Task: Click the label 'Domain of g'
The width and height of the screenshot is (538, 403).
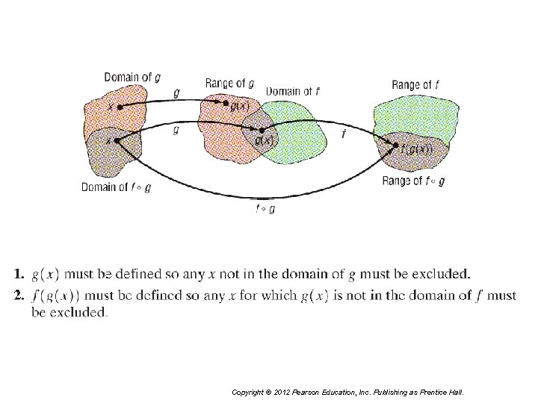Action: tap(132, 77)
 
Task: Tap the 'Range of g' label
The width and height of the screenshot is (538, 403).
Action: tap(229, 83)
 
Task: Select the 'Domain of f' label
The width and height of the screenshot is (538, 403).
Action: tap(294, 92)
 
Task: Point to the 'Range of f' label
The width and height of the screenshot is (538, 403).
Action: tap(415, 84)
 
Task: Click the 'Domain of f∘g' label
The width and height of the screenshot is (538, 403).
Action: tap(116, 187)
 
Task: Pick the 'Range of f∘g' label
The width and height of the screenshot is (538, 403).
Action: tap(413, 181)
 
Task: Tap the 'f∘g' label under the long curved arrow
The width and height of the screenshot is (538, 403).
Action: tap(265, 209)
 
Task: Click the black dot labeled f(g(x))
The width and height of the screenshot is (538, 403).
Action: tap(396, 146)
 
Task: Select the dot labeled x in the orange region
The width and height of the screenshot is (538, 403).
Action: tap(120, 107)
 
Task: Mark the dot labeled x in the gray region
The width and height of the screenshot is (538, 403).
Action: tap(117, 140)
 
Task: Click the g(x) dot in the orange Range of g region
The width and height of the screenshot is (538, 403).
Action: tap(226, 105)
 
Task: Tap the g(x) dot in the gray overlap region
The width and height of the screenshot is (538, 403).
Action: tap(261, 131)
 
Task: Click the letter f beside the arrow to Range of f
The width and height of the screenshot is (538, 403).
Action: tap(343, 134)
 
